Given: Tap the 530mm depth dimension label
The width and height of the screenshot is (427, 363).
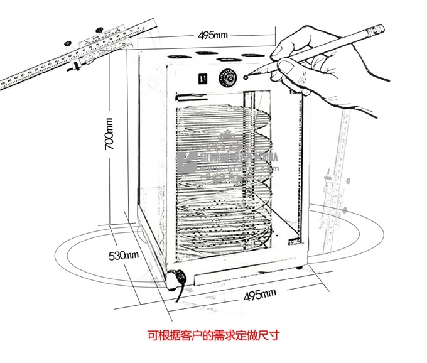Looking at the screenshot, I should [123, 256].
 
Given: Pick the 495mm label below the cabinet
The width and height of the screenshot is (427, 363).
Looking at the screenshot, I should [259, 295].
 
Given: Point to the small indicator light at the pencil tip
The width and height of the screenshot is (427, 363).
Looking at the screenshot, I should [246, 77].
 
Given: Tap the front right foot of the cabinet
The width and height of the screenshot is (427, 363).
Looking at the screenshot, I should [300, 266].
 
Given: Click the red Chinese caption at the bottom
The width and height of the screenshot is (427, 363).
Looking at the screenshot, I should [213, 335].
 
